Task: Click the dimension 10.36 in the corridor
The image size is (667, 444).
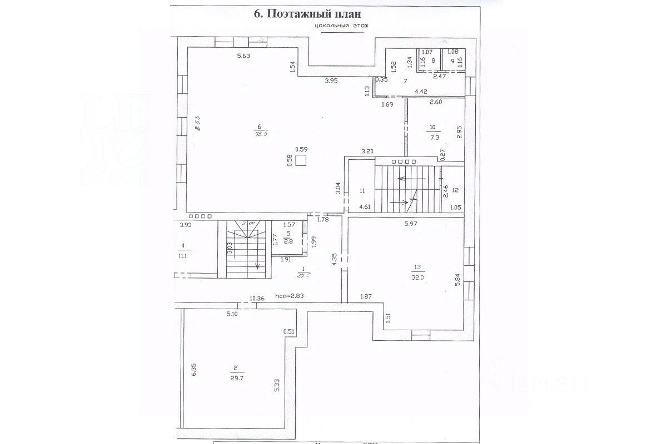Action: (x=257, y=299)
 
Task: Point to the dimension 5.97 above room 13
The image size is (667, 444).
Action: (x=410, y=224)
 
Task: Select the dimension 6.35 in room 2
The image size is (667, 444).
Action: (x=194, y=369)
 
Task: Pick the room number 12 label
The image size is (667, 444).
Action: (x=455, y=190)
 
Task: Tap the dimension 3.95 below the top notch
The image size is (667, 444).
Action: (x=331, y=81)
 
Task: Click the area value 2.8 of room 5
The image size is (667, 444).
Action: (x=288, y=241)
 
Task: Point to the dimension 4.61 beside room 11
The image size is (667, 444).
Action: (x=365, y=207)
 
